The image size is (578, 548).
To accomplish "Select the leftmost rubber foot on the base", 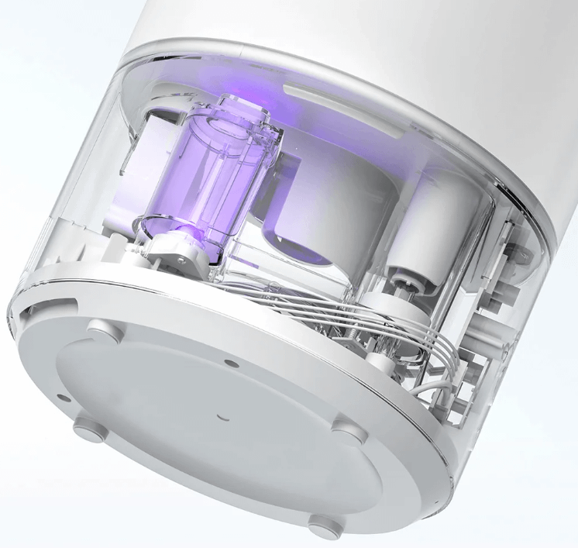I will coord(85,426).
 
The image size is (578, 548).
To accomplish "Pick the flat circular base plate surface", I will coord(209,434).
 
